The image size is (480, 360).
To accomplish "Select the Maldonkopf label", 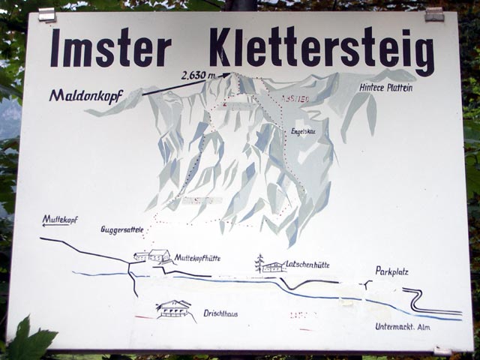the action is click(x=85, y=95).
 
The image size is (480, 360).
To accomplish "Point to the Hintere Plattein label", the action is click(x=385, y=88).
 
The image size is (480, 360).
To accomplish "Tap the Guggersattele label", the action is click(x=122, y=229).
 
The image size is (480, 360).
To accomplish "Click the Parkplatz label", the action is click(x=392, y=271).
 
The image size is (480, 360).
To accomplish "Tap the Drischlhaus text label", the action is click(x=220, y=313).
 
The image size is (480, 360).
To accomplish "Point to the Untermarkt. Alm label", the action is click(x=405, y=327).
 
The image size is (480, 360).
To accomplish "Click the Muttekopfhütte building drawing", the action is click(x=154, y=256).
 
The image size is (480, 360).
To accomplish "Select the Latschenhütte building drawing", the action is click(x=274, y=266).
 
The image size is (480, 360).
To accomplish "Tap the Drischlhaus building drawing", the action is click(x=174, y=309).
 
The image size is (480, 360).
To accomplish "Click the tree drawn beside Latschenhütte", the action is click(x=259, y=262).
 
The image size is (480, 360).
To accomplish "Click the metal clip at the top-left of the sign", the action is click(x=47, y=14).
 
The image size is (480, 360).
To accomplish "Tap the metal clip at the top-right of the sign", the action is click(x=433, y=13).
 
